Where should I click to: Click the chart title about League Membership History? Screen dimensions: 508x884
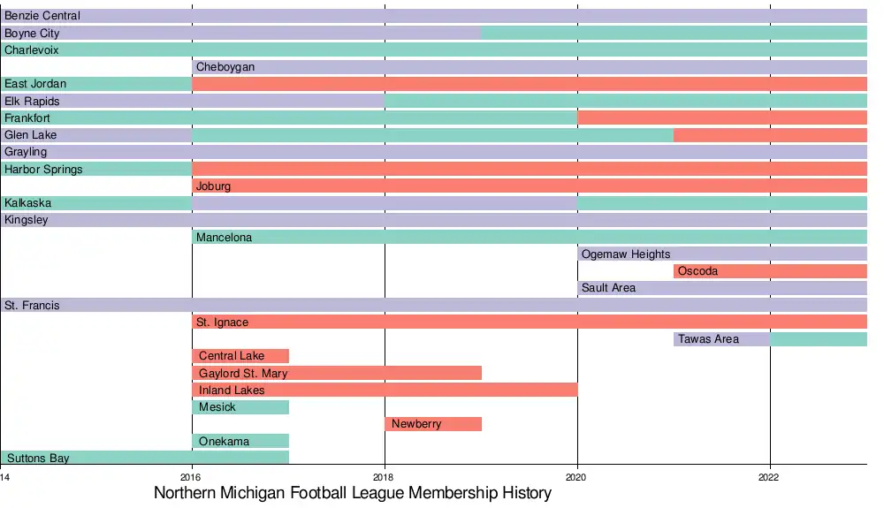click(352, 493)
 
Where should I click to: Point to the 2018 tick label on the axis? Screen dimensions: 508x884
click(385, 477)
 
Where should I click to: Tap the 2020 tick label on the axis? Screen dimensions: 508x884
click(577, 477)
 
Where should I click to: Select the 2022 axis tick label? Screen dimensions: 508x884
click(770, 477)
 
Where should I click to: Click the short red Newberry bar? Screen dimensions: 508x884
click(433, 424)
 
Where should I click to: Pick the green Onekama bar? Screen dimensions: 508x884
click(240, 441)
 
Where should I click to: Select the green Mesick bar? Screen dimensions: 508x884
click(240, 407)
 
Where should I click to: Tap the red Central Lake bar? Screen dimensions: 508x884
click(240, 356)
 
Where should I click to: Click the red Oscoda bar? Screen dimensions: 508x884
click(770, 271)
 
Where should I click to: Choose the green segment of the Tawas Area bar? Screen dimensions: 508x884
click(819, 339)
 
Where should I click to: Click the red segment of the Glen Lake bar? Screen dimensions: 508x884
click(770, 135)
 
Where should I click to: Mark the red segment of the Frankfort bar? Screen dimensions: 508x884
click(722, 118)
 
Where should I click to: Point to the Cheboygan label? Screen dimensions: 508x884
click(225, 67)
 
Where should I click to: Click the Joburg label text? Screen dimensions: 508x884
click(213, 186)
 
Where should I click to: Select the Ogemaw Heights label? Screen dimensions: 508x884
click(626, 254)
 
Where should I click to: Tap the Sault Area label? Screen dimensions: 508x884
click(608, 288)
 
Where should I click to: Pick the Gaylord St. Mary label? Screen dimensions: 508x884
click(243, 374)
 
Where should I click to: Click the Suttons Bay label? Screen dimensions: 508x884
click(38, 459)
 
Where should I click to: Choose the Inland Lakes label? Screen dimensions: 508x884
click(232, 390)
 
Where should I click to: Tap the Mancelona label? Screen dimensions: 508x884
click(224, 238)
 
